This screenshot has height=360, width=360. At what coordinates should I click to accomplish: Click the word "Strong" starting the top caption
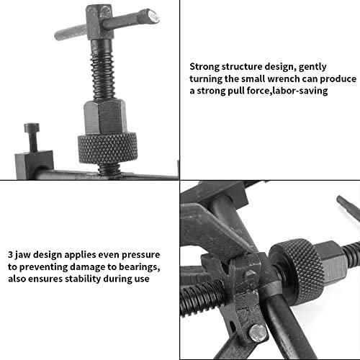tap(204, 67)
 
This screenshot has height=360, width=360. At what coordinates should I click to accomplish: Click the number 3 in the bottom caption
tap(10, 255)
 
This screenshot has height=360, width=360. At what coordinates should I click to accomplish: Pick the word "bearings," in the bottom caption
tap(140, 267)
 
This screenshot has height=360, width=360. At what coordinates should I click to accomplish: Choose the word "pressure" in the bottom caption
tap(140, 255)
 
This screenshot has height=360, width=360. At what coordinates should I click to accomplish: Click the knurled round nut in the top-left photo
tap(108, 148)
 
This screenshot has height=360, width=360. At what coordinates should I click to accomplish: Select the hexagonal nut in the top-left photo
tap(105, 117)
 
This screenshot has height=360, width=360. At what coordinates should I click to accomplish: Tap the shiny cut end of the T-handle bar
tap(153, 17)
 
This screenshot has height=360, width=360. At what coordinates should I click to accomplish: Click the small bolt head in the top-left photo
tap(32, 127)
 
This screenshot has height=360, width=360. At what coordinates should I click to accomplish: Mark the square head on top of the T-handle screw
tap(99, 22)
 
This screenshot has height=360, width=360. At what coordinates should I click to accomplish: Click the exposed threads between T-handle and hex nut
tap(103, 70)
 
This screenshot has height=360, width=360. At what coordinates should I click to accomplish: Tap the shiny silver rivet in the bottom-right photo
tap(258, 333)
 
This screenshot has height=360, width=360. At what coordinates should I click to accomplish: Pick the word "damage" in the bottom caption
tap(86, 267)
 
